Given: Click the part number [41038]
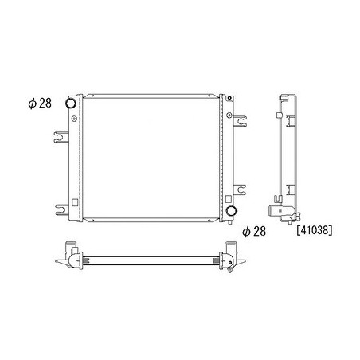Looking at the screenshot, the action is click(314, 230).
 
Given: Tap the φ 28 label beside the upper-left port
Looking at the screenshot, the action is click(40, 104).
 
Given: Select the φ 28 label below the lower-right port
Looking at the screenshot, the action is click(254, 232).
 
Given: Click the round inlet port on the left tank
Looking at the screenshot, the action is click(70, 103).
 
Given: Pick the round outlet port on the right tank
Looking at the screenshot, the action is click(231, 211).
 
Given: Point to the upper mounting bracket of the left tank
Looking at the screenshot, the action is click(61, 137).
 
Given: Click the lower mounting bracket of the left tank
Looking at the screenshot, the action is click(62, 209).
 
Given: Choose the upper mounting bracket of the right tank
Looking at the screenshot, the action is click(240, 121).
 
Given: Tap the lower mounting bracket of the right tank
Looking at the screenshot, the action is click(240, 190).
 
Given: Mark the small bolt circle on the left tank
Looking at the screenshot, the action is click(74, 119).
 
